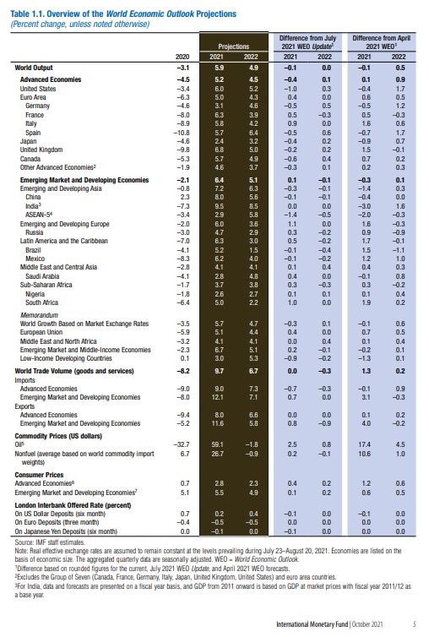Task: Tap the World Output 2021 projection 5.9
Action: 219,66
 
